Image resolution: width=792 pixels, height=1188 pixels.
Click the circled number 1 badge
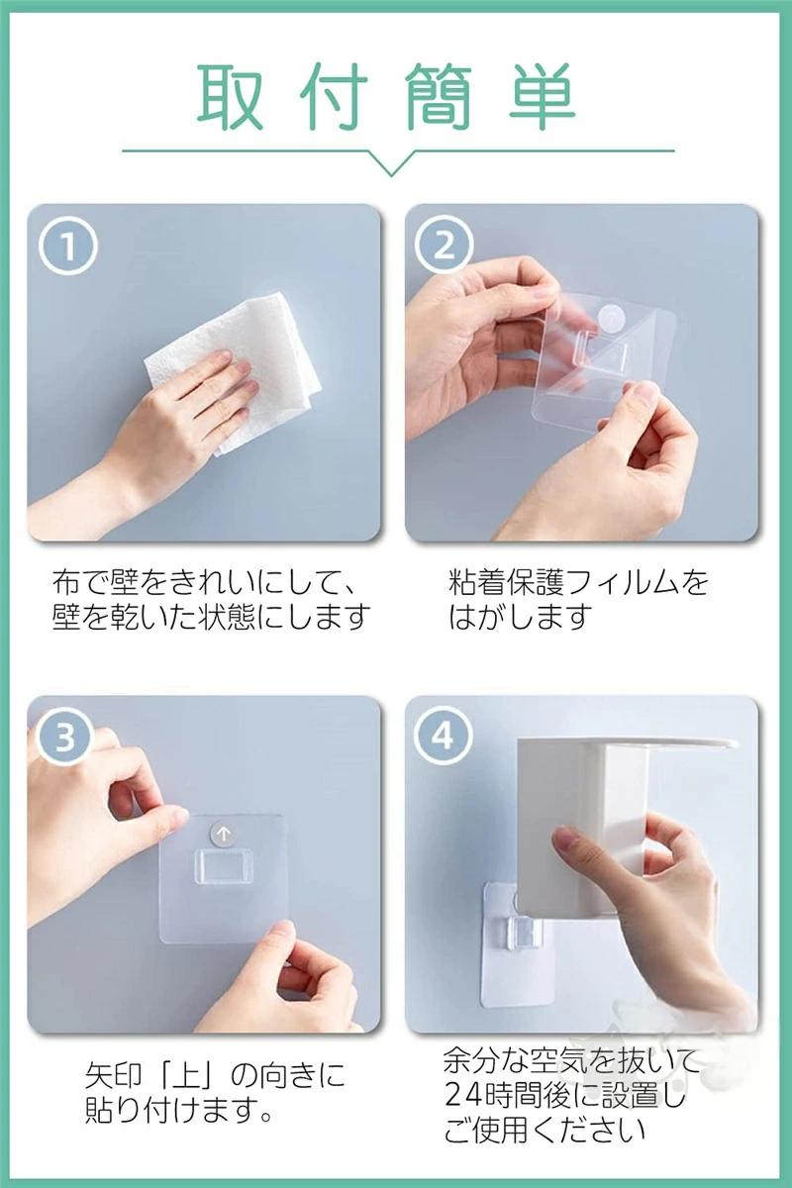click(68, 247)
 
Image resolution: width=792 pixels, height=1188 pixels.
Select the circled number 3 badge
click(65, 738)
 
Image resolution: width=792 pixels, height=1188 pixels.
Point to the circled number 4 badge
click(444, 737)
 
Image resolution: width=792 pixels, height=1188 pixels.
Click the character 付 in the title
click(334, 96)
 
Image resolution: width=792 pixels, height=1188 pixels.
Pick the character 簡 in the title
click(438, 96)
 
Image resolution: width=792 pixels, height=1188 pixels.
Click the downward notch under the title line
click(391, 167)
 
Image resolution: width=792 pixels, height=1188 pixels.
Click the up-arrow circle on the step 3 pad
click(224, 835)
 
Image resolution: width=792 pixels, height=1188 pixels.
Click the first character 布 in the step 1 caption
click(66, 582)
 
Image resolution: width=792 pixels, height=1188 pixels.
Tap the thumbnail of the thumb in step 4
click(567, 840)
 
